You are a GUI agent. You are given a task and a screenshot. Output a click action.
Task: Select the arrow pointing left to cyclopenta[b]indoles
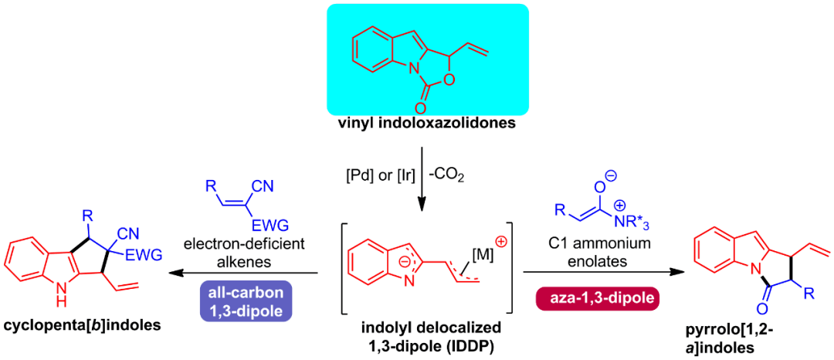(247, 272)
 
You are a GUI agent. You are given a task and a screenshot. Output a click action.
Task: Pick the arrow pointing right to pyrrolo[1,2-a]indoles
(595, 272)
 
